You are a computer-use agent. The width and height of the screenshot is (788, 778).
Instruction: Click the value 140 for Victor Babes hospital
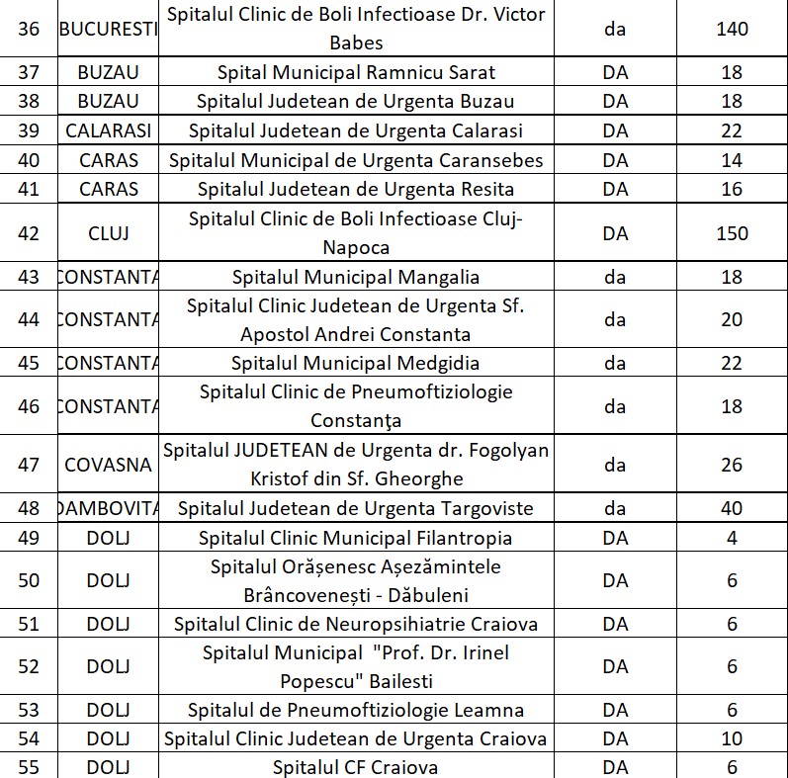pos(732,29)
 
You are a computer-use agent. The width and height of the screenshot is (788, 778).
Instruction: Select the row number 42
pos(29,233)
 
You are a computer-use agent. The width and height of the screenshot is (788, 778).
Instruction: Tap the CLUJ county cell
pos(108,233)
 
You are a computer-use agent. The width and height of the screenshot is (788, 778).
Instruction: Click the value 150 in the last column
pos(732,233)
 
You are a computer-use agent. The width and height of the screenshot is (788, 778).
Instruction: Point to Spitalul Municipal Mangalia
pos(355,277)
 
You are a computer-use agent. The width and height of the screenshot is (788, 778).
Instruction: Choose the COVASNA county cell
pos(108,465)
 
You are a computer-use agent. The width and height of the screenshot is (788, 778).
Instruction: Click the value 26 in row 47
pos(732,465)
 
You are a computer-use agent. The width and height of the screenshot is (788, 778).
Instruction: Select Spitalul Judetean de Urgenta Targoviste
pos(355,509)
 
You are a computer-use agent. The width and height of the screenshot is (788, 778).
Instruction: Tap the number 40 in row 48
pos(732,509)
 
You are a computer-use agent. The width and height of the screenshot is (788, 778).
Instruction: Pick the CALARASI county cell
pos(108,130)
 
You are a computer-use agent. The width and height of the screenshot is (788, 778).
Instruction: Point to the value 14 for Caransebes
pos(732,160)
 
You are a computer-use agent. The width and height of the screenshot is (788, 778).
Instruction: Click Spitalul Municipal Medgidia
pos(355,363)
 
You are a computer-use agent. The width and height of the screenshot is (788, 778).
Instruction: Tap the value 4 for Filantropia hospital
pos(732,538)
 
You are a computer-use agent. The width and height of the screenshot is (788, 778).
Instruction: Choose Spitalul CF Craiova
pos(355,768)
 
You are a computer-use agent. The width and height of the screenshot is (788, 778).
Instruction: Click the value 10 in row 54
pos(732,738)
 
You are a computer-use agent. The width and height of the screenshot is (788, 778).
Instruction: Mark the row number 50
pos(29,580)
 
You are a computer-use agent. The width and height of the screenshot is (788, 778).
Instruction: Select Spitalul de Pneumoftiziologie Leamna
pos(355,710)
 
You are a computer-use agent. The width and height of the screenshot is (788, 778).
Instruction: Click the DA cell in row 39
pos(615,130)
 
